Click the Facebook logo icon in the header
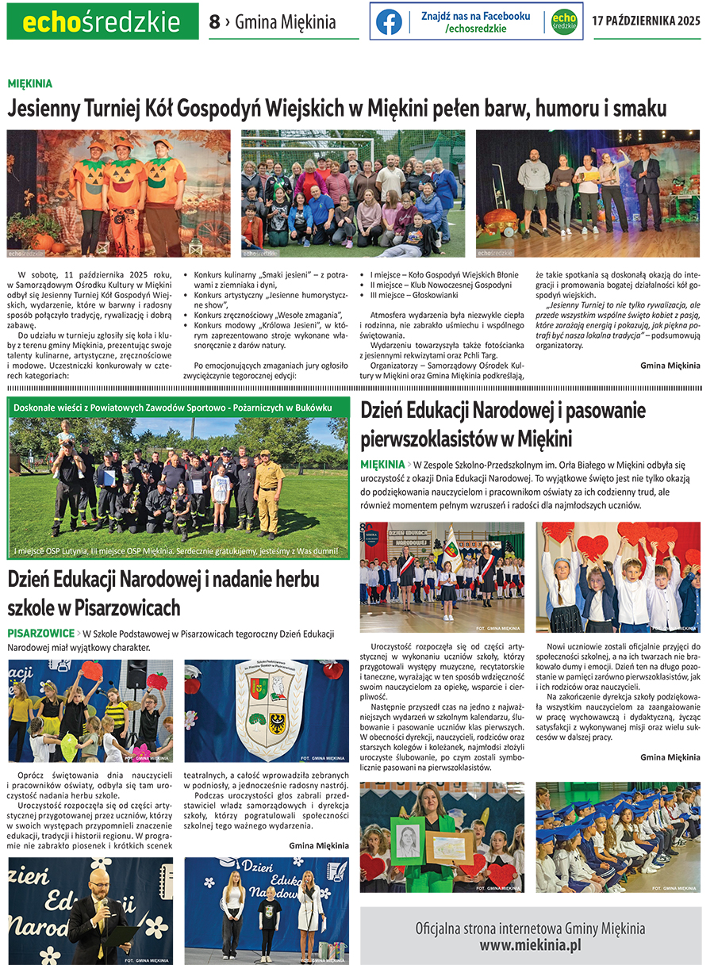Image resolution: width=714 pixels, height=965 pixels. pos(389,21)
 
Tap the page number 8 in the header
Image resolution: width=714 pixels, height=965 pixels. pos(214,22)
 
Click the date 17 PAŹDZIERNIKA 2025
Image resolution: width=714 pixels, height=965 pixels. pos(646,21)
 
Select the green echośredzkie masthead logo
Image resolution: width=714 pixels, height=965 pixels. pos(102,21)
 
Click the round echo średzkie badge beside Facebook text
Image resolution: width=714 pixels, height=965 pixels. pos(564,21)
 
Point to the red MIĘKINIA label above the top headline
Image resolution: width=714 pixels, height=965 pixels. pos(30,83)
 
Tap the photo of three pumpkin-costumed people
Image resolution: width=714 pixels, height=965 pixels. pos(119,193)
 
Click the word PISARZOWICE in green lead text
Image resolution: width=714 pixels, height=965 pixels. pos(40,634)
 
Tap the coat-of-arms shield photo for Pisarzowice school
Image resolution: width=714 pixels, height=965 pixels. pos(267,710)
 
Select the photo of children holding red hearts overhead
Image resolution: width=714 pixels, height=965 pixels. pos(618,576)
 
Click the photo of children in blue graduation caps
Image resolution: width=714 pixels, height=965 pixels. pos(618,837)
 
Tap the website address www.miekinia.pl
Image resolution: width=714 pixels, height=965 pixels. pos(530,944)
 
